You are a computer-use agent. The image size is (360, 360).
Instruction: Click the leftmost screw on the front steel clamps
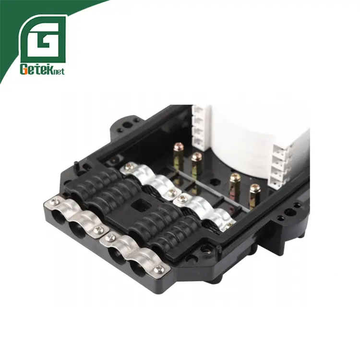(x=55, y=202)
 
